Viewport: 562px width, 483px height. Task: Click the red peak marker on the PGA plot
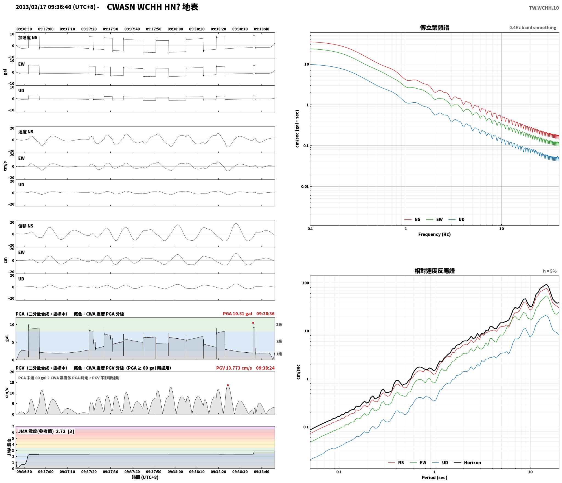point(253,323)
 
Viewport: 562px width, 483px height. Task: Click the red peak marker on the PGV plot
point(228,385)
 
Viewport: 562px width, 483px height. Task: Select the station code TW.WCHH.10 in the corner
point(544,8)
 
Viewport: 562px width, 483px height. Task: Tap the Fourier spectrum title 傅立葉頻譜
point(434,27)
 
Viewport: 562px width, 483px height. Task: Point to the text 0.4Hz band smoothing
point(533,27)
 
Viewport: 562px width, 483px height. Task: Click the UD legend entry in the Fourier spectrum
point(457,219)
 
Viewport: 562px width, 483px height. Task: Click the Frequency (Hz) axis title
point(434,234)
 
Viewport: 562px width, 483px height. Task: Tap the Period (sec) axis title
point(434,477)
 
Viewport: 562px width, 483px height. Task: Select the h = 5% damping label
point(550,271)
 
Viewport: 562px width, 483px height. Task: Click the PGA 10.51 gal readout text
point(237,313)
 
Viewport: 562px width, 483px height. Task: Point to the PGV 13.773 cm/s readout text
point(234,368)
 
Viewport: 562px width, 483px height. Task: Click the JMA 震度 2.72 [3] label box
point(46,431)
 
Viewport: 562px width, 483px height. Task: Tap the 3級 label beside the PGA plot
point(279,324)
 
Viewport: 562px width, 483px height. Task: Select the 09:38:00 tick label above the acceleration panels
point(175,29)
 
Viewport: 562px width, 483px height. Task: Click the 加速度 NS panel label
point(28,37)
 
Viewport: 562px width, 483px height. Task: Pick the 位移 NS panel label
point(26,226)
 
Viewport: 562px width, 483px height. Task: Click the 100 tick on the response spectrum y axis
point(305,283)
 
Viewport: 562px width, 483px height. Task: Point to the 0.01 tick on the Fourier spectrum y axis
point(305,187)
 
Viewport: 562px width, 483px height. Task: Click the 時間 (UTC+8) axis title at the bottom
point(145,477)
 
